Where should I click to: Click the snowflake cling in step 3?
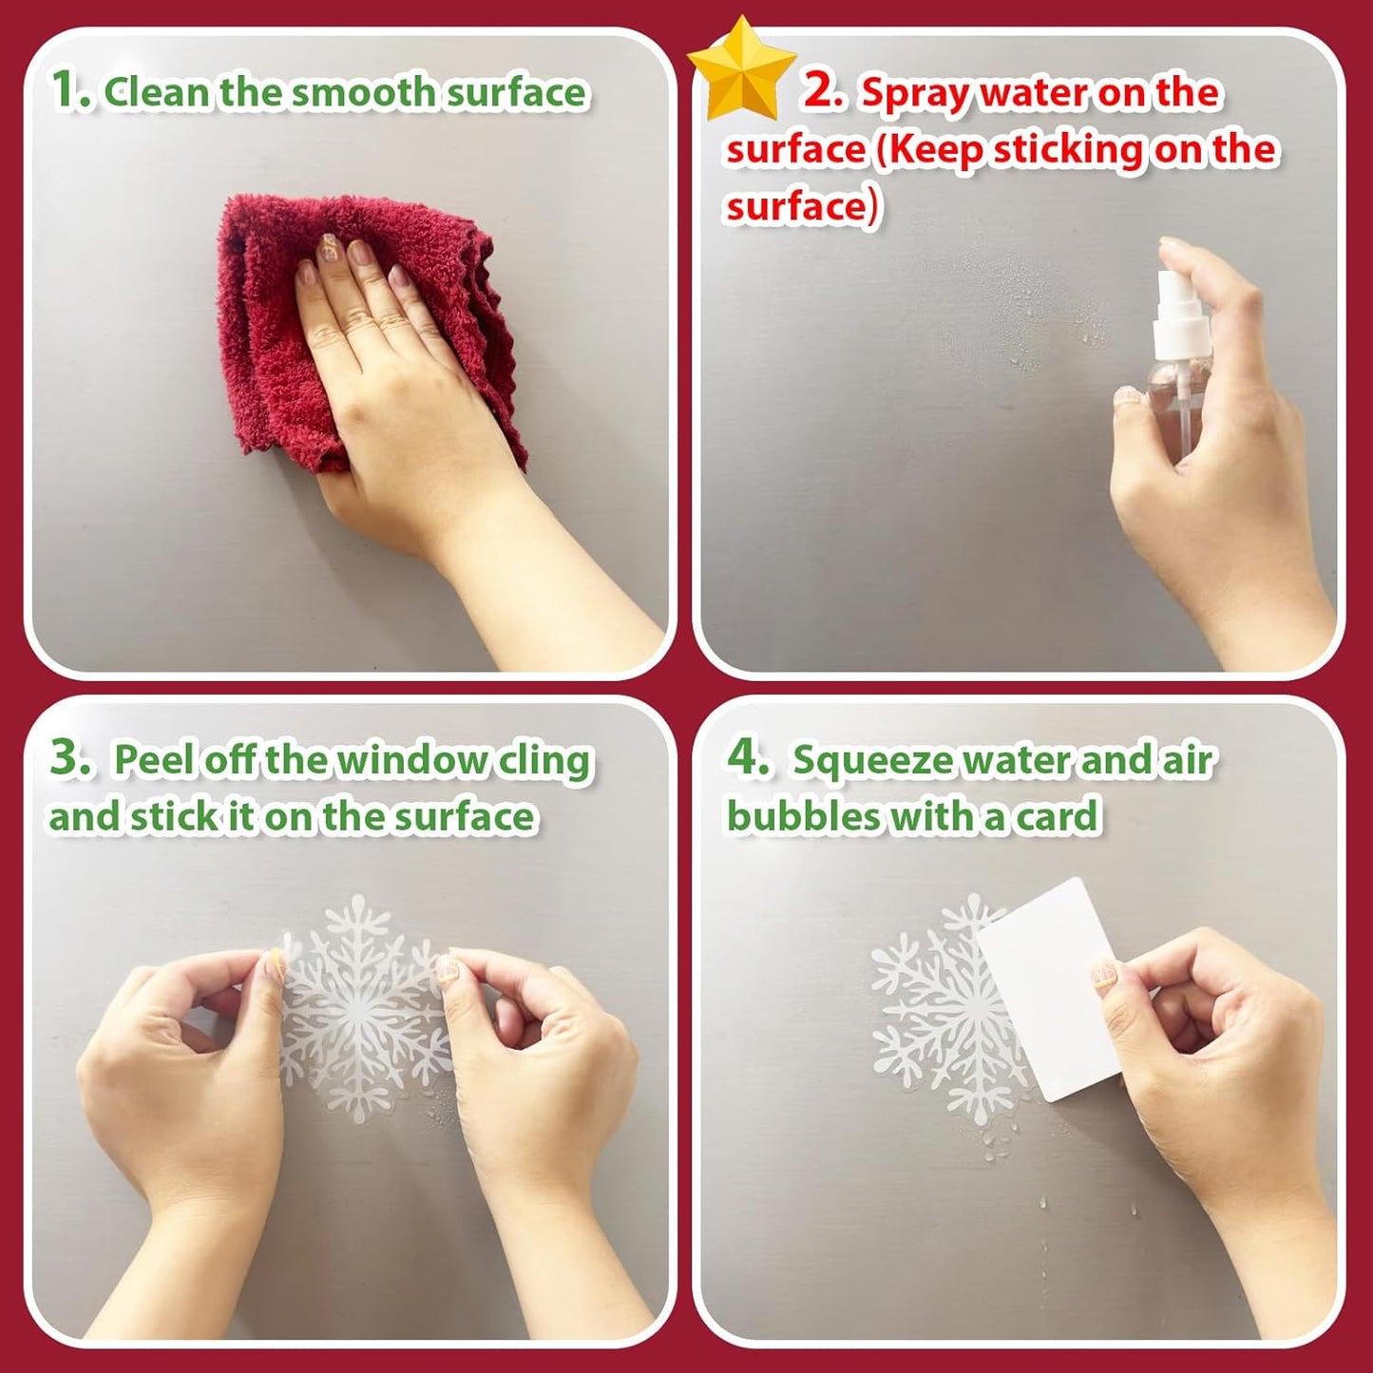361,1007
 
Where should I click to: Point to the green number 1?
68,90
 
